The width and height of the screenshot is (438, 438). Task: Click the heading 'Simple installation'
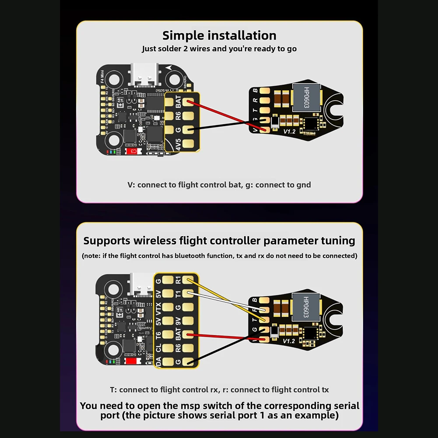click(x=219, y=35)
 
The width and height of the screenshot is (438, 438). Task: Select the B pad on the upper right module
click(x=264, y=91)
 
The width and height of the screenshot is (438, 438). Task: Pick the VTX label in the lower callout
click(x=158, y=307)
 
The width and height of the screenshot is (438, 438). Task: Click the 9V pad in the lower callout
click(x=189, y=321)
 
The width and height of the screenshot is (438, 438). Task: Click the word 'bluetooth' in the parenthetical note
click(x=195, y=256)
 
